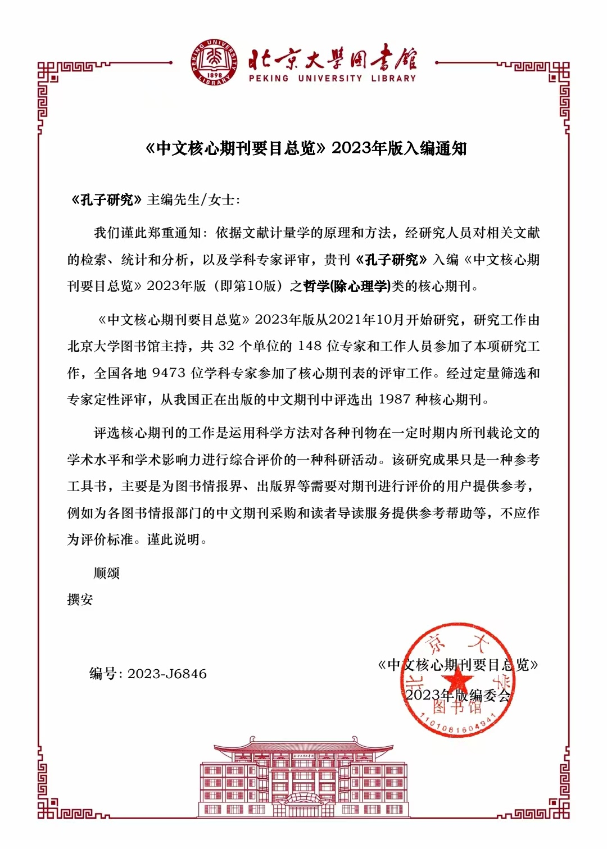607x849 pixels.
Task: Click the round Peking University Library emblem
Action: point(214,63)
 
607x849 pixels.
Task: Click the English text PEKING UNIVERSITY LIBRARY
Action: point(332,79)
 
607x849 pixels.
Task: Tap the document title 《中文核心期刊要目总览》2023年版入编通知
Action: point(306,148)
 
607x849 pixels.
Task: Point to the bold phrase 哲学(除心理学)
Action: point(346,287)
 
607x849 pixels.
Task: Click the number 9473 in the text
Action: point(169,374)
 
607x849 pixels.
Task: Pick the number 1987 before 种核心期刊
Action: point(395,400)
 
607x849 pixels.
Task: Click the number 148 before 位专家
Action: point(310,347)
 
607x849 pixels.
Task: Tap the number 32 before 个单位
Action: point(226,347)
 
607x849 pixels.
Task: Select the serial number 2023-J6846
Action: point(167,674)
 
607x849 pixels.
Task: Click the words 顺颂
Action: point(107,574)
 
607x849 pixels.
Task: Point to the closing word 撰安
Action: point(80,600)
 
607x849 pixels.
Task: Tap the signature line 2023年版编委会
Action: point(458,696)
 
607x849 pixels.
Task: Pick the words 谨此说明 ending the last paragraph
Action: point(174,540)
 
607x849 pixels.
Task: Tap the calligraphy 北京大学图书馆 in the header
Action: point(332,58)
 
